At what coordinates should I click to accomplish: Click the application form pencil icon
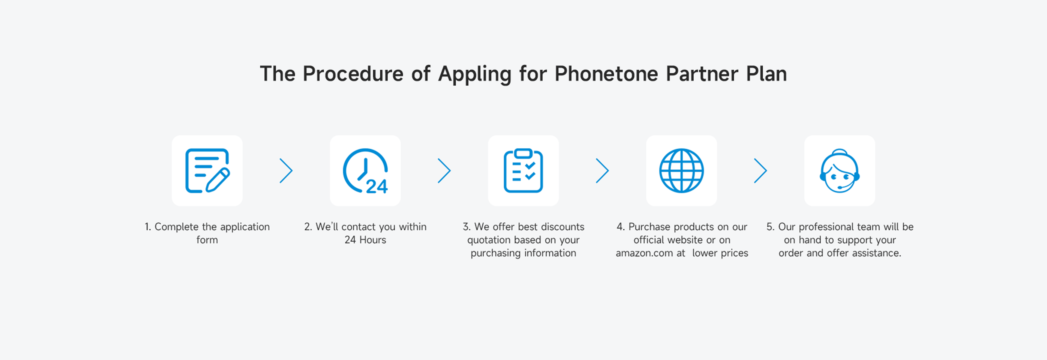(x=207, y=171)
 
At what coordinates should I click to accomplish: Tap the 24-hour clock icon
(x=365, y=171)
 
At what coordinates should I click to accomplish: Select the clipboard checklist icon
(x=523, y=171)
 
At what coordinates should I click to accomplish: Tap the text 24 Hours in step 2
(x=365, y=240)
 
